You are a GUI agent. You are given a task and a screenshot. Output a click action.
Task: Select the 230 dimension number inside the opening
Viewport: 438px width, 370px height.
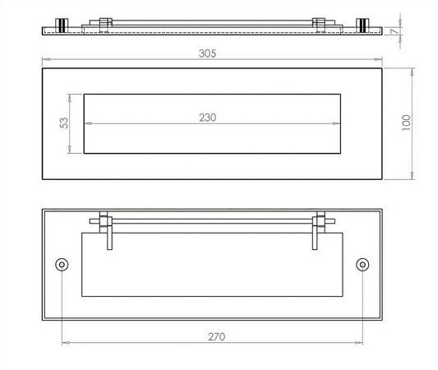coord(208,118)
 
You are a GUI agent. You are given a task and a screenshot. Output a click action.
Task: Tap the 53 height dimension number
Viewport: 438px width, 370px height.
coord(64,123)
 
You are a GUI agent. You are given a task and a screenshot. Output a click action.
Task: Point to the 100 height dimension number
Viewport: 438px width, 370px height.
coord(404,121)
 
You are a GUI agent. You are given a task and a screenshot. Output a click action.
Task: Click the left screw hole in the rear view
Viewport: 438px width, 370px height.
coord(61,265)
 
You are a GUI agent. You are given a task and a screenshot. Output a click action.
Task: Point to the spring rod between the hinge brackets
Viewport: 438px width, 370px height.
coord(211,220)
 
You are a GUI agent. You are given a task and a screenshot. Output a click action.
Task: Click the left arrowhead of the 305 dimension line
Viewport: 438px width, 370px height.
coord(44,61)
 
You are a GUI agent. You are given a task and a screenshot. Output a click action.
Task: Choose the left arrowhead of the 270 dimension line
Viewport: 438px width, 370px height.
coord(63,344)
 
